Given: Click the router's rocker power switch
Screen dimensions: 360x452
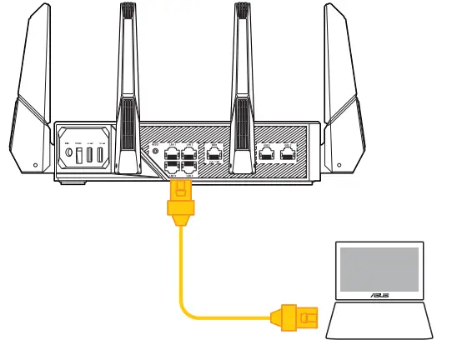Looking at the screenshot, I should (x=82, y=138).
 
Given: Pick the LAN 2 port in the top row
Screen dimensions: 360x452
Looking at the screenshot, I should (x=188, y=152).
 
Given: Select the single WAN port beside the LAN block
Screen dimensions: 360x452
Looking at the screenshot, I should (x=215, y=152).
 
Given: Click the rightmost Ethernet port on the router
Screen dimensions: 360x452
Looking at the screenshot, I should (x=289, y=152).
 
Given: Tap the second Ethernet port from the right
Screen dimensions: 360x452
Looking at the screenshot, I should (x=268, y=152).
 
